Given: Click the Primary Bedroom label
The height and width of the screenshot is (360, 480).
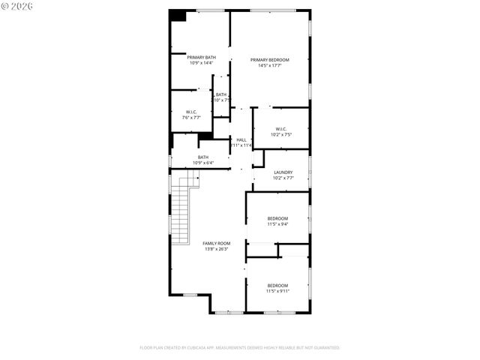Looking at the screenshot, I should [x=269, y=60].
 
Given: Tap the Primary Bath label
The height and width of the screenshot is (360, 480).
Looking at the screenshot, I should [x=201, y=57].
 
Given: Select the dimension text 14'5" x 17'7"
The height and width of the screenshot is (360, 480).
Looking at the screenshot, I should [x=269, y=66].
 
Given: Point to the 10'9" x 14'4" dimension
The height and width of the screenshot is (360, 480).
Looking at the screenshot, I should [x=201, y=63].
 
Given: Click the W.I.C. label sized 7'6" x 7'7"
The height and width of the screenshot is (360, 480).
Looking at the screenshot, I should [x=191, y=112].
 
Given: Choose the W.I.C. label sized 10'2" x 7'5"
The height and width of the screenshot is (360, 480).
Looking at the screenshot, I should [x=280, y=128].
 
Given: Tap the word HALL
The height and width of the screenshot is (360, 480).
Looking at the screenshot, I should [x=241, y=139].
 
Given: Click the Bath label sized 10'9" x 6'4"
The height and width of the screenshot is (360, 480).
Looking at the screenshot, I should [x=203, y=157].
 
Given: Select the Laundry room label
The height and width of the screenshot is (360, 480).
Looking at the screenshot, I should [x=283, y=172].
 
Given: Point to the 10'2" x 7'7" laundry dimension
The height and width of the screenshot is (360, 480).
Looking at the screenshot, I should [x=283, y=178].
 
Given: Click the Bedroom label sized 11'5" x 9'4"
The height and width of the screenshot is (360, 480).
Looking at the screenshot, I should [x=277, y=218].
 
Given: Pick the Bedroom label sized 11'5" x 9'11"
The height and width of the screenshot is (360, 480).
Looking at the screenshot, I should [x=277, y=285].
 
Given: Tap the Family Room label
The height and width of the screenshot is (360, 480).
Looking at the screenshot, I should [x=217, y=243].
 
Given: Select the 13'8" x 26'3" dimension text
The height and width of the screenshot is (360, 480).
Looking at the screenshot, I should [x=217, y=249].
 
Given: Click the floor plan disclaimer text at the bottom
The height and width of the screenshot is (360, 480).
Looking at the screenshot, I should [x=240, y=348].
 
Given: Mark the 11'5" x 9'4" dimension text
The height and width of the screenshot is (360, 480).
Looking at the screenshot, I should [x=277, y=224].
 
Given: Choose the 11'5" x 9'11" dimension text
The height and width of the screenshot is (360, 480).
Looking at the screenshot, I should [x=277, y=291].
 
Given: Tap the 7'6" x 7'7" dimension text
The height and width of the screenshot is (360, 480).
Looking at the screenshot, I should [x=191, y=118].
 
